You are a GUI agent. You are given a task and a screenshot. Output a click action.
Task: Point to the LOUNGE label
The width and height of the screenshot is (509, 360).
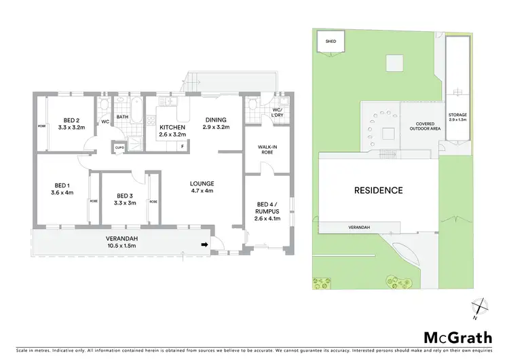point(202,187)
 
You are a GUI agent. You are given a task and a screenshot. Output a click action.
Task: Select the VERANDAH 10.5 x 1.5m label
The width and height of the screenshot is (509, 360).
point(123,242)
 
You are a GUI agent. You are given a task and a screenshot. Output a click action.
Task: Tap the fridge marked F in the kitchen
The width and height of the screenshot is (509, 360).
point(182,146)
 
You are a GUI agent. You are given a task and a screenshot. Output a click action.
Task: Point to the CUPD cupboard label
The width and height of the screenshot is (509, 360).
point(119,147)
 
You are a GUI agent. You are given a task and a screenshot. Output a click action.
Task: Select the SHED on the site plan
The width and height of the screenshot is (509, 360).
point(331,42)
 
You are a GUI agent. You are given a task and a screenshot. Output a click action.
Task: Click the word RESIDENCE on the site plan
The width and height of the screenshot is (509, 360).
point(377,190)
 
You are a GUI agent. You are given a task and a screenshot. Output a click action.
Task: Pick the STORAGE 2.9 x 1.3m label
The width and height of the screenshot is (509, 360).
point(457,118)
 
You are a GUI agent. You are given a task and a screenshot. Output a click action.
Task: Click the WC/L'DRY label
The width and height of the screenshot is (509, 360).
point(277,113)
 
